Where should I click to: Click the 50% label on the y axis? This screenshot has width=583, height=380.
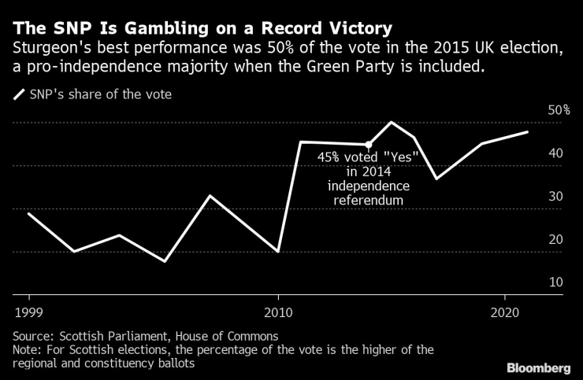click(x=559, y=110)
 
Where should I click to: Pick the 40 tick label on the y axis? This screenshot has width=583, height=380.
click(x=555, y=153)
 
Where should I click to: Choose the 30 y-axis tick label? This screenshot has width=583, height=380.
click(x=555, y=196)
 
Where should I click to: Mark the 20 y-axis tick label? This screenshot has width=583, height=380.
click(x=555, y=239)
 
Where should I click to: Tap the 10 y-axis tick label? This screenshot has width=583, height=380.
click(x=555, y=282)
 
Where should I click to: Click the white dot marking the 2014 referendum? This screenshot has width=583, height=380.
click(x=368, y=144)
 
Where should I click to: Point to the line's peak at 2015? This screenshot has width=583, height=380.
click(x=392, y=122)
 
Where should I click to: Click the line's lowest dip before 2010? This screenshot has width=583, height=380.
click(x=165, y=260)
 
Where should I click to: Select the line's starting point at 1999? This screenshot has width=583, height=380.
click(x=29, y=213)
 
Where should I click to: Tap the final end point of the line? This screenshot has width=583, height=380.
click(x=527, y=132)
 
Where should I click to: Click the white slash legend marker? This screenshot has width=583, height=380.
click(x=19, y=95)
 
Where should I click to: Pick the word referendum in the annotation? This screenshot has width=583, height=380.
click(x=368, y=201)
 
